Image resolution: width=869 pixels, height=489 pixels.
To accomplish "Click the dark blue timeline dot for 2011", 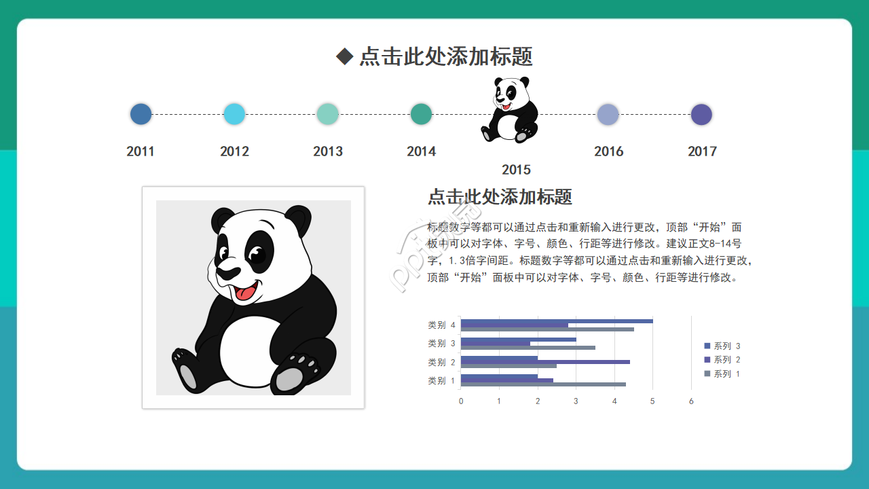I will [141, 114].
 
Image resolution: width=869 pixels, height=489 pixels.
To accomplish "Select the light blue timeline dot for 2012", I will [234, 114].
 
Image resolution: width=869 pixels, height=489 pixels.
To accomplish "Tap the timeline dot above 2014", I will [421, 114].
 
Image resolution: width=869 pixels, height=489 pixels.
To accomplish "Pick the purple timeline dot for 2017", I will [701, 114].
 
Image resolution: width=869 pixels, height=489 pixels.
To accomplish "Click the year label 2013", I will [328, 151].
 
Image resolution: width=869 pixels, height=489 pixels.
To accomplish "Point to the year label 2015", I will [516, 170].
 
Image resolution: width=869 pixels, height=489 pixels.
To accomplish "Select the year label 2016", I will [608, 151].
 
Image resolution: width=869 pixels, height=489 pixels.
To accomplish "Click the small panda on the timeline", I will [511, 110].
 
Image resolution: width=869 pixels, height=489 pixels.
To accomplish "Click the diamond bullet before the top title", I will [345, 56].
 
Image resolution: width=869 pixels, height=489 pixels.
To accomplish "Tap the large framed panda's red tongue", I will [245, 293].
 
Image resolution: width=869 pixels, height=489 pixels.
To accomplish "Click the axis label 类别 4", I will [441, 325].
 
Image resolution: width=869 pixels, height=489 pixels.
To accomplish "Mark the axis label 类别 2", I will [441, 362].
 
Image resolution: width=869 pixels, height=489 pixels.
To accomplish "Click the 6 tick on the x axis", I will [691, 401].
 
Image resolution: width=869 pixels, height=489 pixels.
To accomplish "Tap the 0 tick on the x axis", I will [461, 401].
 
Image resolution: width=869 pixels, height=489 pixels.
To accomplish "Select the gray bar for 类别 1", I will [543, 384].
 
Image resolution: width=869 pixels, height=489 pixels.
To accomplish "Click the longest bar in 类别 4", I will [557, 321].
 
